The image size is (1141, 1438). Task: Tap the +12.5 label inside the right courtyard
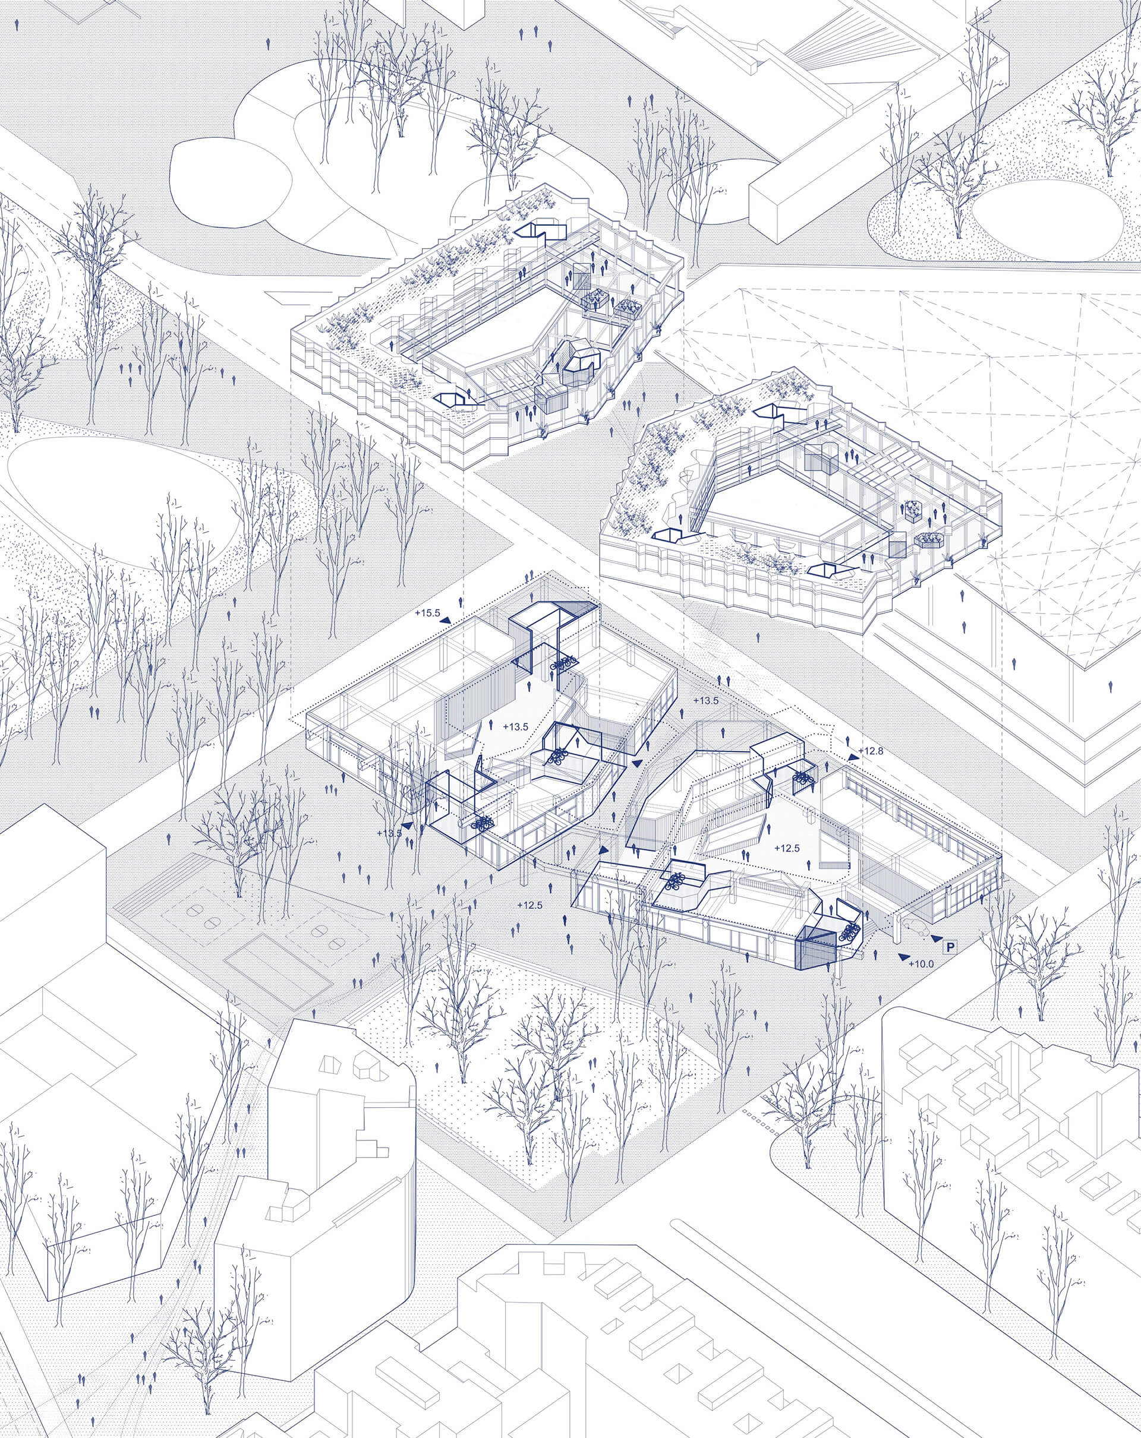[x=787, y=847]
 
